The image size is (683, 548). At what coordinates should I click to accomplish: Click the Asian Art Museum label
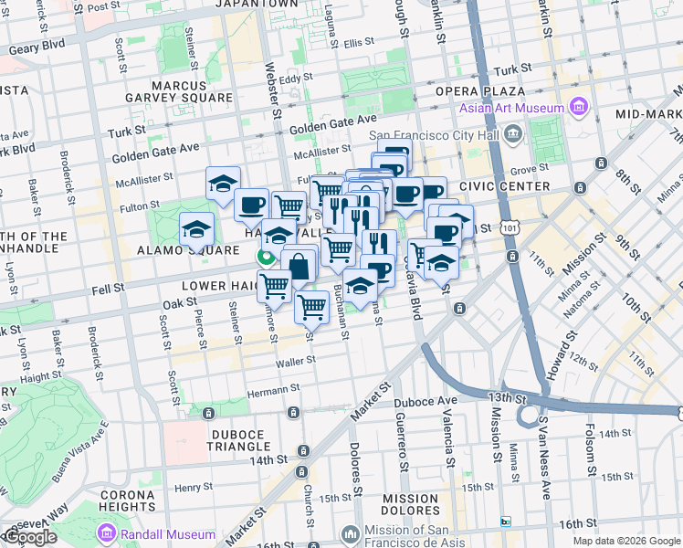[511, 108]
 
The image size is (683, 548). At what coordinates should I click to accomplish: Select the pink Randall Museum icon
[107, 533]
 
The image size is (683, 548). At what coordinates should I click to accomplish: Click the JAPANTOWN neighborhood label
[257, 5]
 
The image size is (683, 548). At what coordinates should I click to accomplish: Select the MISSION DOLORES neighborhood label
[411, 505]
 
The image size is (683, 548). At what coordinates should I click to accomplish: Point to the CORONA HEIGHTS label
[129, 500]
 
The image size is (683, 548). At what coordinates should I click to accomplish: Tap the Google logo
[29, 537]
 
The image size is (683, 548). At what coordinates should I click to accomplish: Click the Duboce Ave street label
[425, 402]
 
